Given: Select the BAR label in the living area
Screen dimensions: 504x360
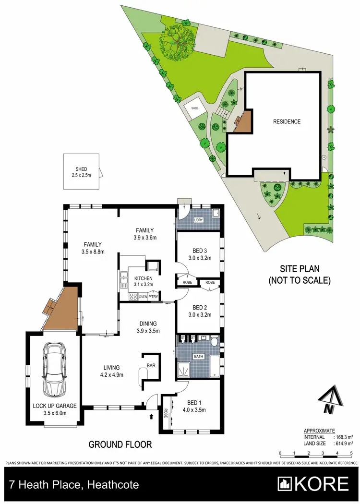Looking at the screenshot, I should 151,366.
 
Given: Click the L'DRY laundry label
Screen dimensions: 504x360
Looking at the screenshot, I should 198,220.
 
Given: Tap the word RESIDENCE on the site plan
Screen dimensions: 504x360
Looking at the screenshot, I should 287,121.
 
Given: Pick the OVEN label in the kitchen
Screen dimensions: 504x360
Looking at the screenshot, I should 143,297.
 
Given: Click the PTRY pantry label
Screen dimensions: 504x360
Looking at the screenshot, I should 153,297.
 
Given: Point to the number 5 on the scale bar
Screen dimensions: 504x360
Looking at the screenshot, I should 351,453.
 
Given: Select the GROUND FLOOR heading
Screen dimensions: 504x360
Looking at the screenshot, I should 120,444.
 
